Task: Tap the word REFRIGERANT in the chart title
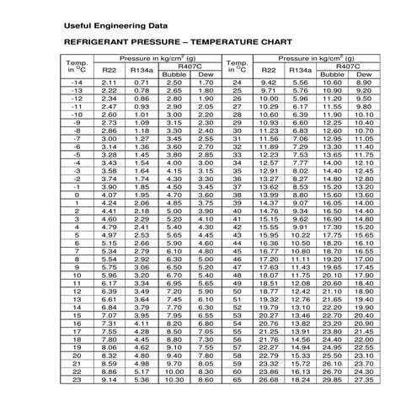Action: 101,41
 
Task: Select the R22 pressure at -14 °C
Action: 109,83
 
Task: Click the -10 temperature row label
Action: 77,115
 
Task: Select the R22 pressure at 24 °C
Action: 269,83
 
